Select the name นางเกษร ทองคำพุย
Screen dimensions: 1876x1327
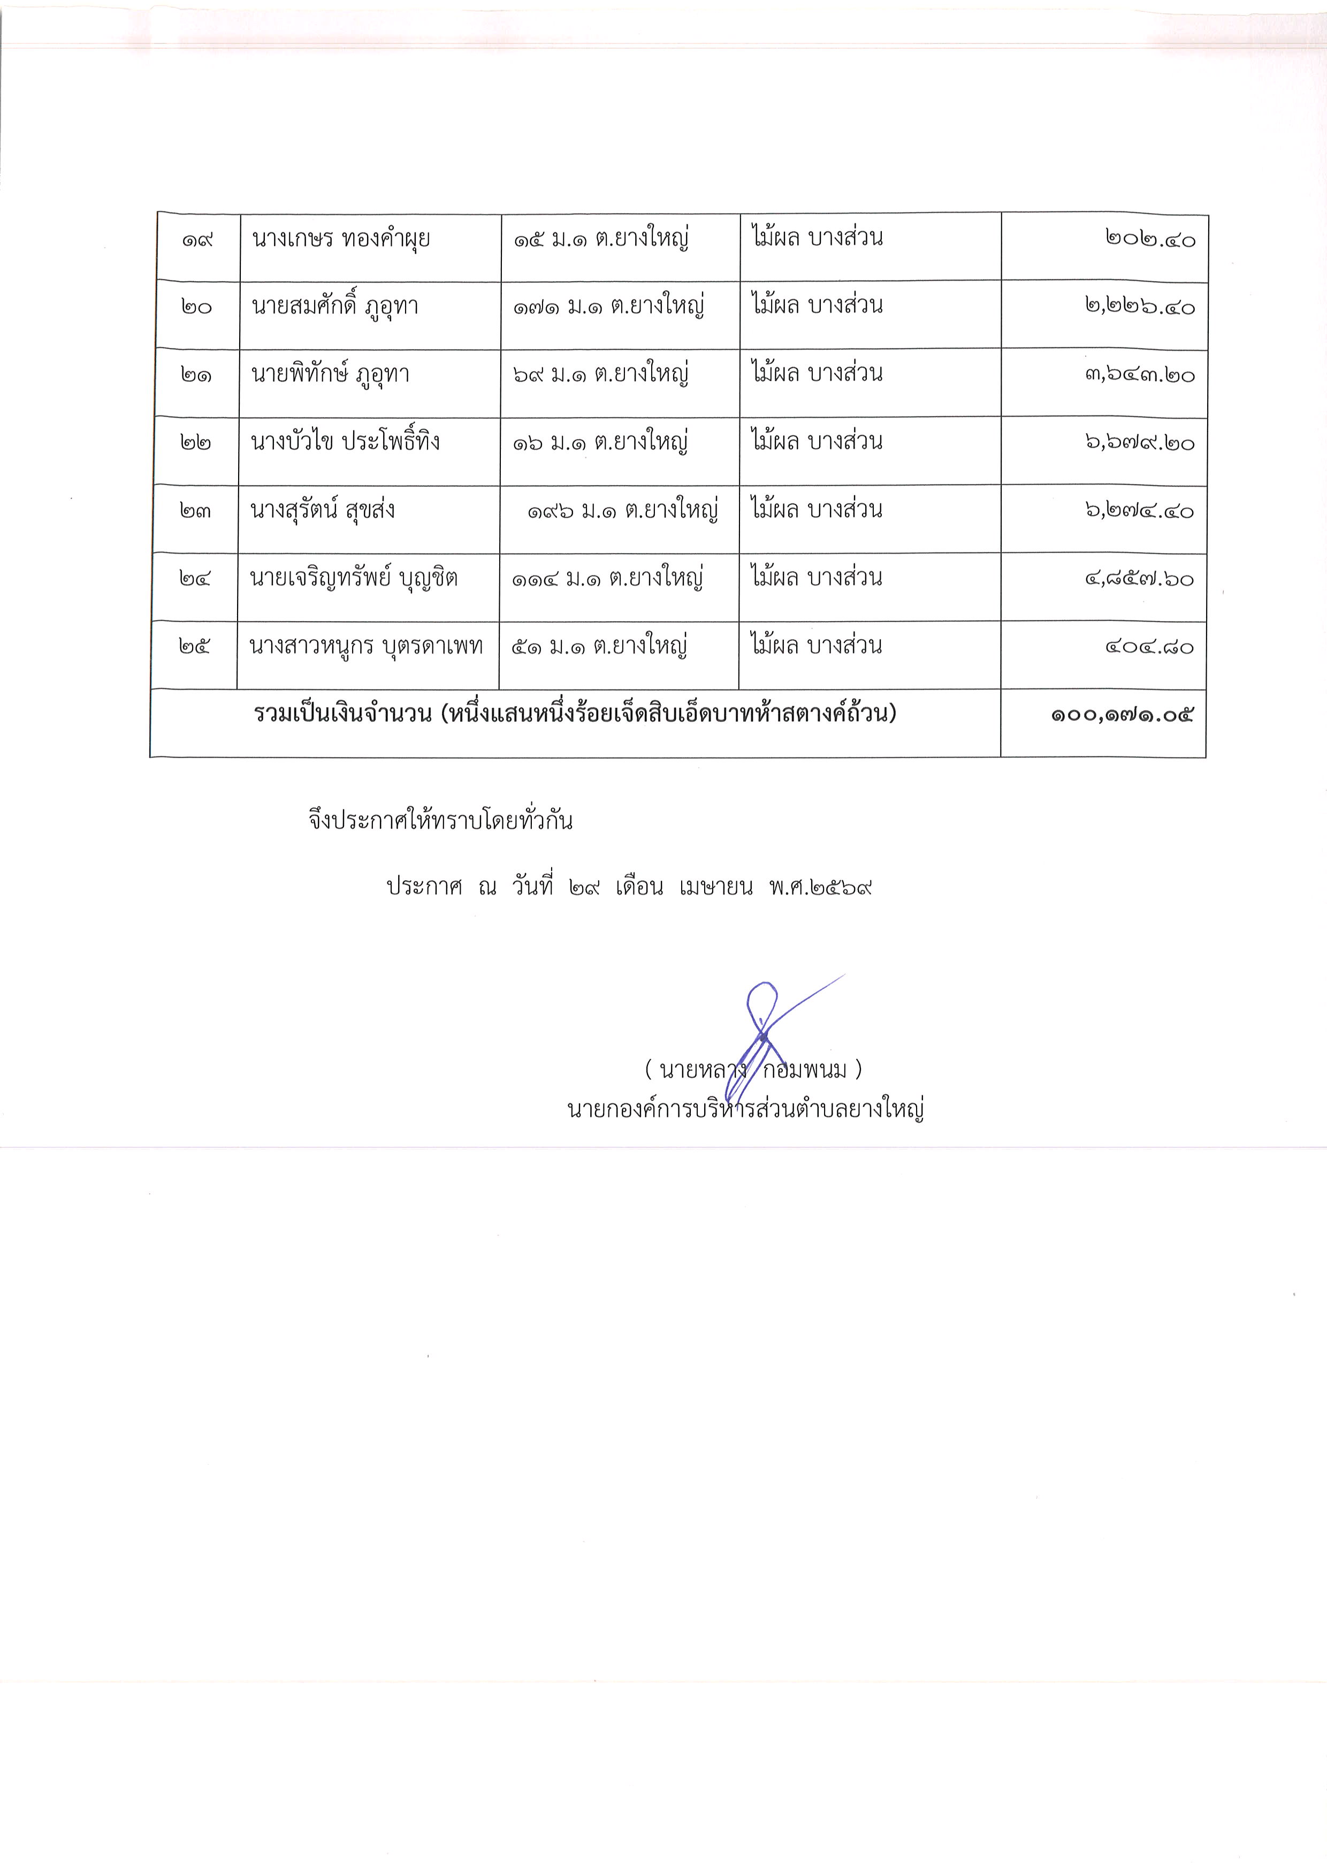341,239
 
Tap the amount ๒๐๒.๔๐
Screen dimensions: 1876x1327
1150,239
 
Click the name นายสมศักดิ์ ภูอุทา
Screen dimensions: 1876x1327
335,307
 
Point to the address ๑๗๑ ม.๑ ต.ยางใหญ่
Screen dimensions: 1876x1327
609,307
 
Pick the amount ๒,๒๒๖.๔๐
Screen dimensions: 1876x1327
1140,307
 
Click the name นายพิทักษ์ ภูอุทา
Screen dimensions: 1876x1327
330,375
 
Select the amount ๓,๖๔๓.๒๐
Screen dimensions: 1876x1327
1140,375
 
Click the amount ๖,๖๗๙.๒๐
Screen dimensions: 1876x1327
1140,443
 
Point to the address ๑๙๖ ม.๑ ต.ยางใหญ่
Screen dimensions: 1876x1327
622,511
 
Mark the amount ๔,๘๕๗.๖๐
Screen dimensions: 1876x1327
1140,579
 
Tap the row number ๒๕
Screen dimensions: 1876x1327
194,647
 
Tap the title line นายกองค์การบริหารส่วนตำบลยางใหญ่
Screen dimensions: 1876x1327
745,1109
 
